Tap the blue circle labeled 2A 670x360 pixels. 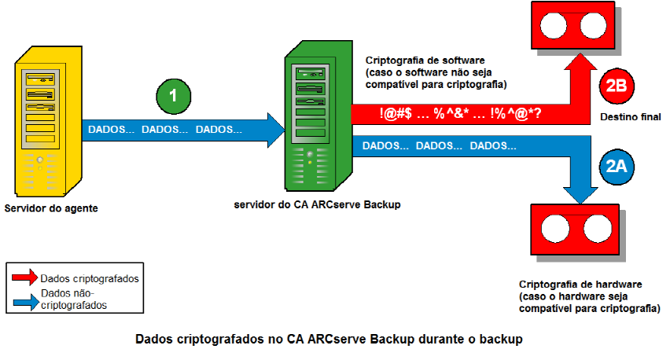pyautogui.click(x=616, y=166)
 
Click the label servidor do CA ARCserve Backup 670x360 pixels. pyautogui.click(x=317, y=205)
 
